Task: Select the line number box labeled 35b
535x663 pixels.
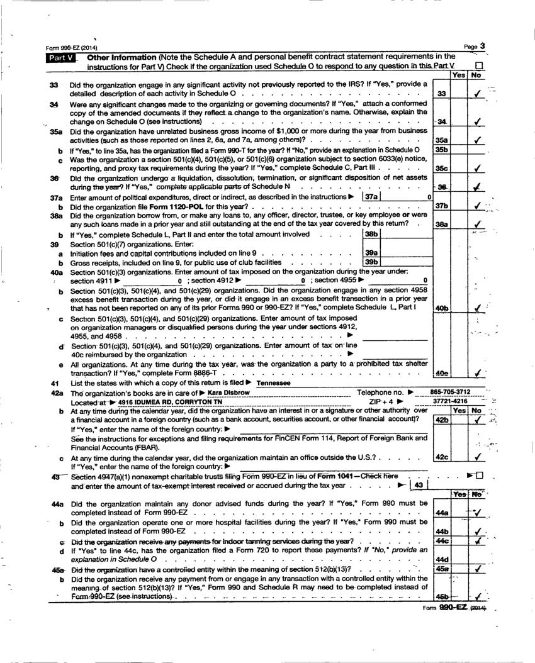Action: point(441,150)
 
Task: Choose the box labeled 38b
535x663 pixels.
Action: point(372,234)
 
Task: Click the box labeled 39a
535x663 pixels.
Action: point(372,252)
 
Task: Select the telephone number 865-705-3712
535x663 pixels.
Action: point(450,392)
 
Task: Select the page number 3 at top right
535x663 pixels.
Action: point(482,46)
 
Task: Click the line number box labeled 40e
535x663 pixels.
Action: point(441,372)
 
